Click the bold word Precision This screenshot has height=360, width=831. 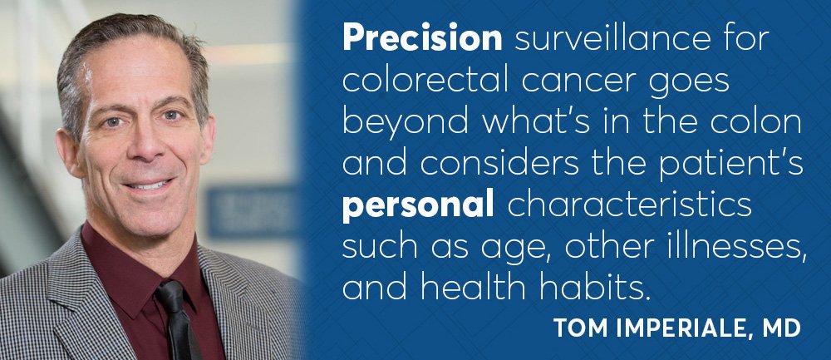pyautogui.click(x=422, y=39)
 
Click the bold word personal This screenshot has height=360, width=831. pyautogui.click(x=418, y=207)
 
